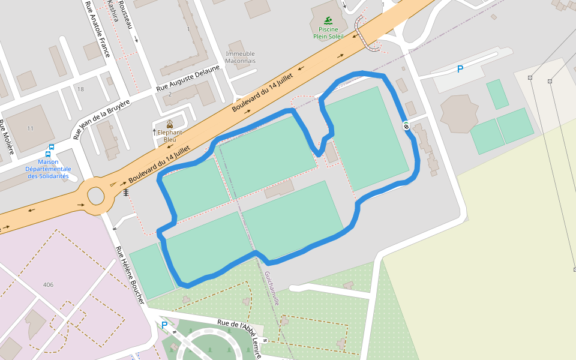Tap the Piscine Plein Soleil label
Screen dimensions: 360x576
(x=328, y=32)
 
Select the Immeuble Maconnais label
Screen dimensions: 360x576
(x=240, y=57)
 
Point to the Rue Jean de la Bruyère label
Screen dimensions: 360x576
(x=101, y=119)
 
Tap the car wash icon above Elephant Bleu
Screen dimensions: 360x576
(x=170, y=124)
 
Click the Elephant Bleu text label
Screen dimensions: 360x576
(x=170, y=136)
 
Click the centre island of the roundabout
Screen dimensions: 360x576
(x=96, y=196)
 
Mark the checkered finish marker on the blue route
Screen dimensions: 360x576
(x=406, y=125)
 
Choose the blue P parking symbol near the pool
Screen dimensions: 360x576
(x=460, y=69)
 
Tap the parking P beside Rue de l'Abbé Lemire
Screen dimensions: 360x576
(x=164, y=325)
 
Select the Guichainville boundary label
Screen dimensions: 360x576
(x=272, y=289)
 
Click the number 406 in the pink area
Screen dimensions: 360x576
(x=49, y=284)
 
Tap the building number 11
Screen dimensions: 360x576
(x=31, y=128)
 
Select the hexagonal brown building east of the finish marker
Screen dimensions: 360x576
(x=459, y=113)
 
